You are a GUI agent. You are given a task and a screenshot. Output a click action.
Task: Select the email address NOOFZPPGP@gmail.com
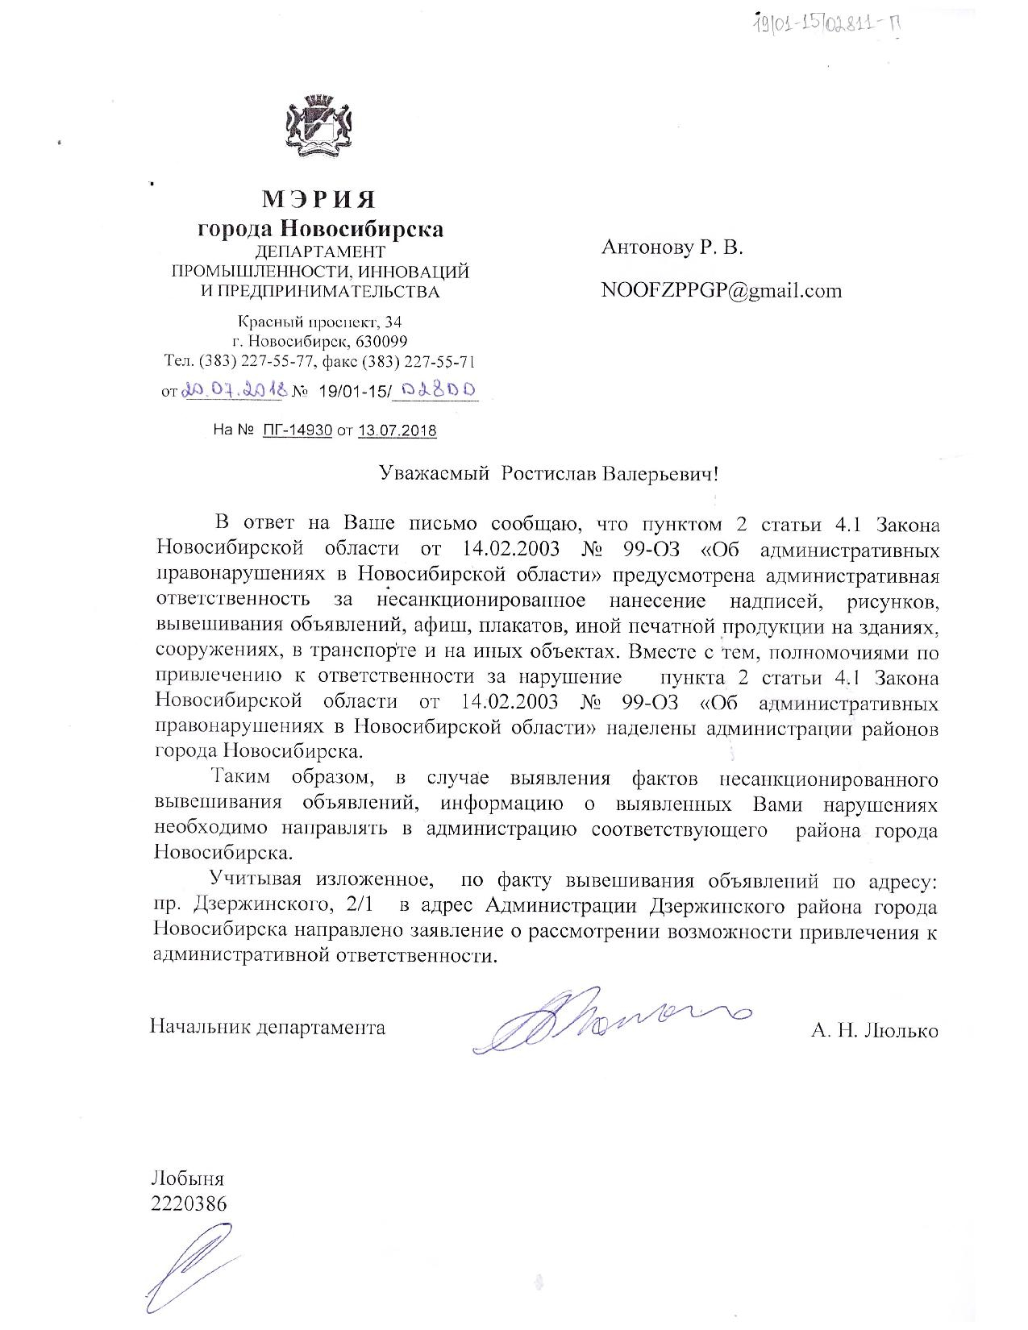pyautogui.click(x=721, y=290)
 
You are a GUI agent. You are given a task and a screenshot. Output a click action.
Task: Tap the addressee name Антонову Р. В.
pyautogui.click(x=672, y=247)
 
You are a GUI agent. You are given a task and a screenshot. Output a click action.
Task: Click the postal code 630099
pyautogui.click(x=381, y=340)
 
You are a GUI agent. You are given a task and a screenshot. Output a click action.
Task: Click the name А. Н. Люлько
pyautogui.click(x=875, y=1029)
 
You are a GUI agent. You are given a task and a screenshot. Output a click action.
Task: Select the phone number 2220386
pyautogui.click(x=189, y=1203)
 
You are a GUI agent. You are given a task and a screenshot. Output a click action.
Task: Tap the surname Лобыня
pyautogui.click(x=187, y=1180)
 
